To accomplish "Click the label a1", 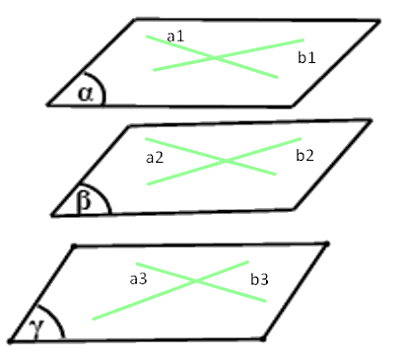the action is point(175,36).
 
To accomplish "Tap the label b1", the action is point(306,58).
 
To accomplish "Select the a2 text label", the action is point(155,158).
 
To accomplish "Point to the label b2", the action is point(305,155).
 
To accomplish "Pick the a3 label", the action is point(138,279).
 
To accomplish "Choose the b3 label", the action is point(259,279).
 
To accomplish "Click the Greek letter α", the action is point(86,94).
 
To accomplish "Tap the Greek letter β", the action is point(84,201).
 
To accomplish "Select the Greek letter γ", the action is point(35,328).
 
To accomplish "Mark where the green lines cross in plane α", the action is point(215,58).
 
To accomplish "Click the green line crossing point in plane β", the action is point(227,161).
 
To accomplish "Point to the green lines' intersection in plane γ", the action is point(196,280).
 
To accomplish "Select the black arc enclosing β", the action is point(104,195).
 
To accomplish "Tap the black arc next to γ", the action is point(55,317).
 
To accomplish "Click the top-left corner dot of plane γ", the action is point(74,246).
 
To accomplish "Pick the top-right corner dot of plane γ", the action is point(326,244).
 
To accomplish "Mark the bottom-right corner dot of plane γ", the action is point(263,338).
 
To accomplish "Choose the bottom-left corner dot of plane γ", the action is point(11,341).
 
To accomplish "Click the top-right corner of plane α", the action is point(379,22).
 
